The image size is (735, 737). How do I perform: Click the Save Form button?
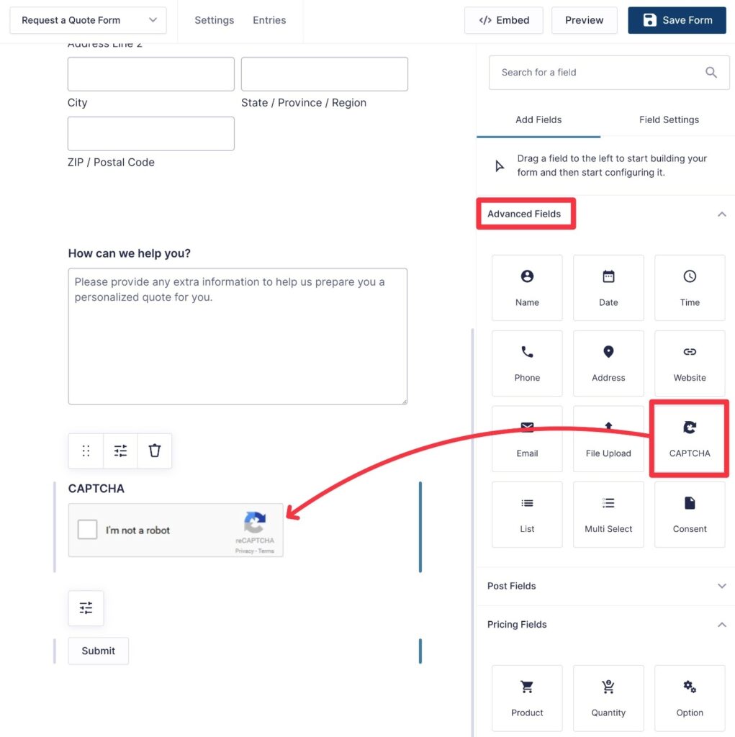[x=677, y=20]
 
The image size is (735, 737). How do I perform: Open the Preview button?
[x=584, y=20]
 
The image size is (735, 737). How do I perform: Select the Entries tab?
[x=269, y=20]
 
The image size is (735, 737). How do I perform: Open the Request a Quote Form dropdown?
[x=88, y=20]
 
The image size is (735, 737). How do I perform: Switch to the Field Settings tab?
[x=669, y=119]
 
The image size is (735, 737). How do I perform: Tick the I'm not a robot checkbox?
[x=87, y=530]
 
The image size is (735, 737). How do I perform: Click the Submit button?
[x=98, y=651]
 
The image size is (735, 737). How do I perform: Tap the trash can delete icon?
[x=155, y=451]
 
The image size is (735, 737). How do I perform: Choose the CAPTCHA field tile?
[x=689, y=438]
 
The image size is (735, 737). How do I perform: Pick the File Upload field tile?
[x=608, y=438]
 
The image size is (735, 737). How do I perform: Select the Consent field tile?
[x=689, y=514]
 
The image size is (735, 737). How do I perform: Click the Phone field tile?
[x=527, y=363]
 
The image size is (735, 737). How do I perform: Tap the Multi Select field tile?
[x=608, y=514]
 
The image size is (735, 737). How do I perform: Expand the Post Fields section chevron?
[x=722, y=586]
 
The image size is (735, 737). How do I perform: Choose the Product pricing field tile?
[x=527, y=698]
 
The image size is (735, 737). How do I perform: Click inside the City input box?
[x=150, y=74]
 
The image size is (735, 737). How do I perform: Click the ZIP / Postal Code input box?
[x=150, y=134]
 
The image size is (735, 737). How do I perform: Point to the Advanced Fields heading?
[x=524, y=214]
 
